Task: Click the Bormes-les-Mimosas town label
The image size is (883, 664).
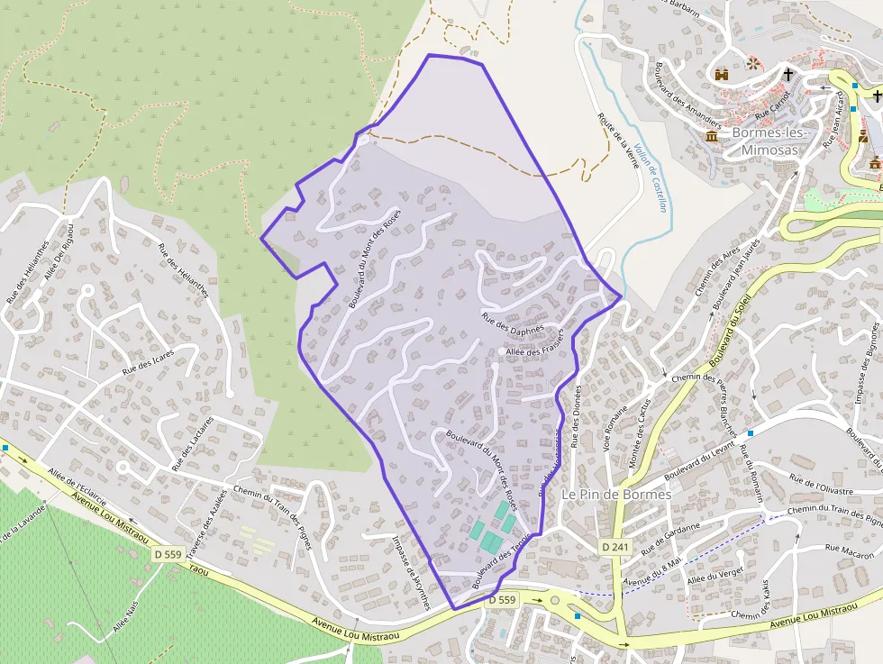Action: (x=767, y=141)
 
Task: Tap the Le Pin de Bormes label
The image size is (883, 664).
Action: (x=616, y=495)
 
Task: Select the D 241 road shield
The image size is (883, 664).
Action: (x=617, y=547)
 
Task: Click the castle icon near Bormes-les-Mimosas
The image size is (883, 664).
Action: (x=722, y=75)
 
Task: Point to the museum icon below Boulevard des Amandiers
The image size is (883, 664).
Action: (x=712, y=136)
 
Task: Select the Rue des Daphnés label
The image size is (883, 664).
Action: (x=514, y=323)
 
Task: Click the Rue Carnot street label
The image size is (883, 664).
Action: (x=771, y=105)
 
